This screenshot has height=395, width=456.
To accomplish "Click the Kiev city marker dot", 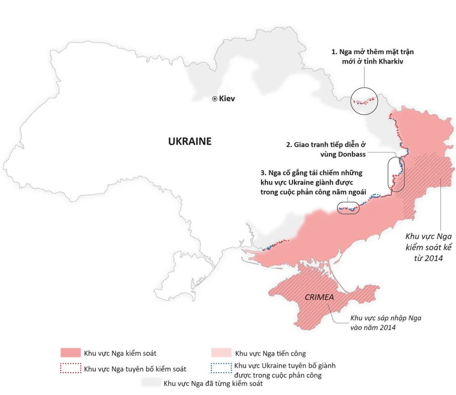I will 215,98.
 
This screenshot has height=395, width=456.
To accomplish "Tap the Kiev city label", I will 227,98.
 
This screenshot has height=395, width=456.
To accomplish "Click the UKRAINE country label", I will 190,141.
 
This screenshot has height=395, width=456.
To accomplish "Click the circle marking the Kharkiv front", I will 365,101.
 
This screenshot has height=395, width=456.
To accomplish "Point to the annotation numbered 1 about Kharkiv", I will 373,56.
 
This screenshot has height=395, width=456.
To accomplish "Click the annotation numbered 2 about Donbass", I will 326,149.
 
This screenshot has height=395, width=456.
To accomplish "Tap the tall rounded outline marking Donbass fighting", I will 396,174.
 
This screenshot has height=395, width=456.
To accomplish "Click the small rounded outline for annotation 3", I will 348,208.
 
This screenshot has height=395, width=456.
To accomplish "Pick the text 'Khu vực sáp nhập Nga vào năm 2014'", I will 385,323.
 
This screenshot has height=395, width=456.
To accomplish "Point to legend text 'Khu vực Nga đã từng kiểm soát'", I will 213,383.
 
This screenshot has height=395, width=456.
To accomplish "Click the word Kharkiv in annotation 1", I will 391,61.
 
